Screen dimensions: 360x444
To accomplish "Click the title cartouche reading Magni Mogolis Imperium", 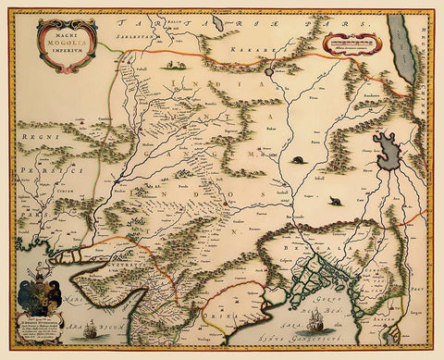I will [66, 43].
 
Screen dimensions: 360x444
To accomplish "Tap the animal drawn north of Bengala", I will [333, 200].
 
